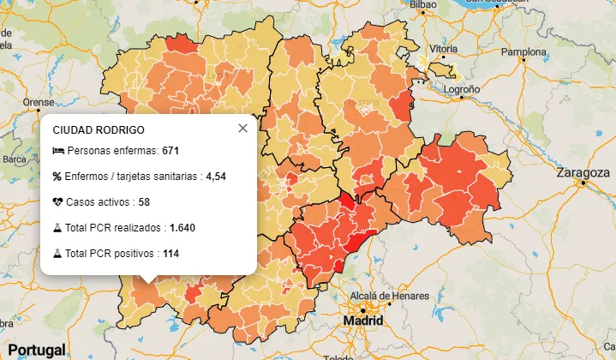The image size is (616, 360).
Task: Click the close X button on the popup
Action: pyautogui.click(x=242, y=128)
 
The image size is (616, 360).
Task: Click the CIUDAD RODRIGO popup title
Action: pyautogui.click(x=99, y=130)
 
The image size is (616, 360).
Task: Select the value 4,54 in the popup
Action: pyautogui.click(x=215, y=177)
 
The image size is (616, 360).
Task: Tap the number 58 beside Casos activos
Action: pyautogui.click(x=143, y=202)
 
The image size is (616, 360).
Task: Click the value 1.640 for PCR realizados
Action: pyautogui.click(x=182, y=228)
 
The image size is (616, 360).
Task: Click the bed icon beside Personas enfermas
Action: pyautogui.click(x=57, y=151)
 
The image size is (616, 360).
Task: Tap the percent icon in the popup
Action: pyautogui.click(x=57, y=177)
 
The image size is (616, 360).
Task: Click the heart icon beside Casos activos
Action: pyautogui.click(x=57, y=202)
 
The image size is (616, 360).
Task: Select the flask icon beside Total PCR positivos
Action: pyautogui.click(x=57, y=254)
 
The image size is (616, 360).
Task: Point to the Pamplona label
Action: pyautogui.click(x=523, y=51)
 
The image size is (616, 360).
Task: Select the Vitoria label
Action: pyautogui.click(x=442, y=48)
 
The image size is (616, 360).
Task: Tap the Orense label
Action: pyautogui.click(x=38, y=101)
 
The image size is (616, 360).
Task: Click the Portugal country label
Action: pyautogui.click(x=33, y=350)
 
